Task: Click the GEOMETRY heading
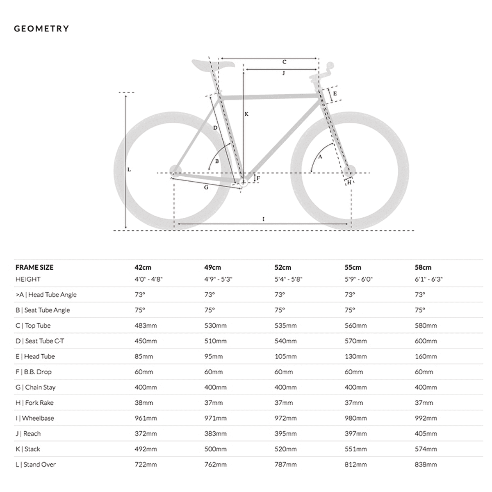pos(41,29)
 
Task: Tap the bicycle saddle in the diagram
pos(212,64)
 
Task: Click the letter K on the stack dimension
pos(246,114)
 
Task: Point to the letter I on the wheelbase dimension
pos(263,219)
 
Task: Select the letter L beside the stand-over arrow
pos(129,169)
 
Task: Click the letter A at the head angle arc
pos(320,157)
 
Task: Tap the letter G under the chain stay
pos(206,187)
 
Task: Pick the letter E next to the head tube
pos(335,93)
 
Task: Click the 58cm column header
pos(423,267)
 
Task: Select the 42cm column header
pos(143,267)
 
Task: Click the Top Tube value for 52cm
pos(285,326)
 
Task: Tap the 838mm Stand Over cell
pos(426,465)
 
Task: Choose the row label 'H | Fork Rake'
pos(34,403)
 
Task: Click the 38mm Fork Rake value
pos(143,403)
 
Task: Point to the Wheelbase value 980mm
pos(355,418)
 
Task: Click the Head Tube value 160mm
pos(426,356)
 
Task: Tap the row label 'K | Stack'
pos(28,449)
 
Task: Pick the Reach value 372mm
pos(146,433)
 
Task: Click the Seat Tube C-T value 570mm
pos(355,341)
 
